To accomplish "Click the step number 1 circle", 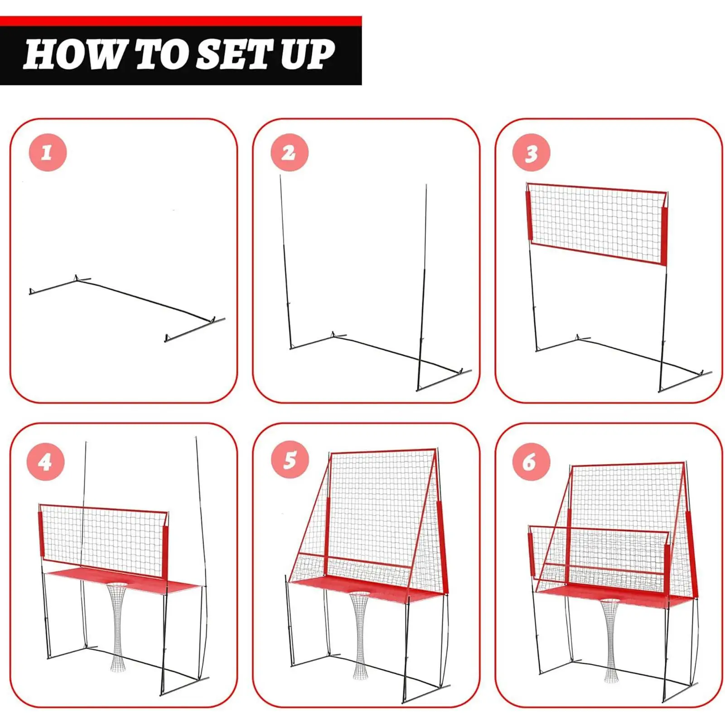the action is [x=48, y=152].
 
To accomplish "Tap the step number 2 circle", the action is [x=290, y=152].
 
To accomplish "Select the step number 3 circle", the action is [x=532, y=153].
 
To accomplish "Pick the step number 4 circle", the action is [x=46, y=462].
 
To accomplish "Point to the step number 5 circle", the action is [x=290, y=459].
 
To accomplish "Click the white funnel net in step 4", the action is [x=117, y=625].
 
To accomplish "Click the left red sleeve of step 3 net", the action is [x=529, y=215].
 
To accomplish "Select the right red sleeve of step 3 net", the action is [x=664, y=236].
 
